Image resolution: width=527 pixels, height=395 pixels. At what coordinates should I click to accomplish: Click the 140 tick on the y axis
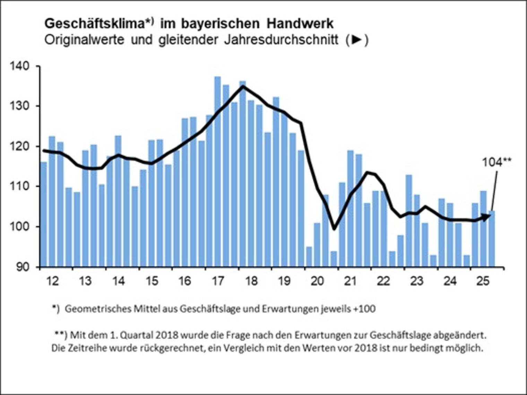tap(21, 66)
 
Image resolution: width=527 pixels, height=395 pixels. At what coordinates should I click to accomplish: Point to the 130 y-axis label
tap(21, 106)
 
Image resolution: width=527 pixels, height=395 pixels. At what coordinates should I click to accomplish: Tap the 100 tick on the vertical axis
tap(21, 227)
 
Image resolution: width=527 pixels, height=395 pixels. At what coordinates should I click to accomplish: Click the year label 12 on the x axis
tap(52, 281)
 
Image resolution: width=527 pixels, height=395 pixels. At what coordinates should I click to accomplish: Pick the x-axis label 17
tap(218, 281)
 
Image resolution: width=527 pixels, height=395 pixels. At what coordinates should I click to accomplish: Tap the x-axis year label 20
tap(317, 281)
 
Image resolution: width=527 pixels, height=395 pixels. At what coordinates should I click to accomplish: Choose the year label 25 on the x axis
tap(483, 281)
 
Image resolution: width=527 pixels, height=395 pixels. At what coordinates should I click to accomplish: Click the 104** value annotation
tap(496, 162)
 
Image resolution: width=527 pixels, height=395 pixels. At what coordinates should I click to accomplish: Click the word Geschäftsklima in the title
tap(94, 24)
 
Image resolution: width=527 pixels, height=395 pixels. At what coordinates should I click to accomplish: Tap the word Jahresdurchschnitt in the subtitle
tap(281, 40)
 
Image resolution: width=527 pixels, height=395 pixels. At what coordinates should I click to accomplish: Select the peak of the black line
tap(243, 86)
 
